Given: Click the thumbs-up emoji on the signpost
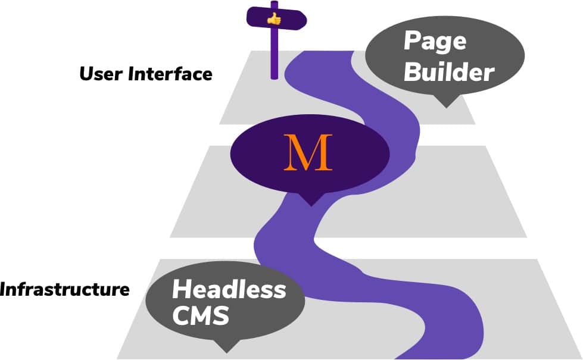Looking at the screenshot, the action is coord(274,18).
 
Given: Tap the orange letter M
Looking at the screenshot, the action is coord(308,152).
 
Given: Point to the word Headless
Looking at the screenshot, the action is coord(229,289).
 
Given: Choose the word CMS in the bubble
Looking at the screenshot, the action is coord(201,315).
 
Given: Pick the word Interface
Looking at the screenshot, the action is coord(170,74).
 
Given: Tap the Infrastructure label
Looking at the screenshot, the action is coord(64,289).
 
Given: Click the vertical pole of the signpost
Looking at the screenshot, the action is coord(275,54).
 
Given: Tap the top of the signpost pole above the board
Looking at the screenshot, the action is coord(275,3).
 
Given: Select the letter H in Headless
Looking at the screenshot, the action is coord(181,290).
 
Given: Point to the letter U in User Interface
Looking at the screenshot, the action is coord(86,74).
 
